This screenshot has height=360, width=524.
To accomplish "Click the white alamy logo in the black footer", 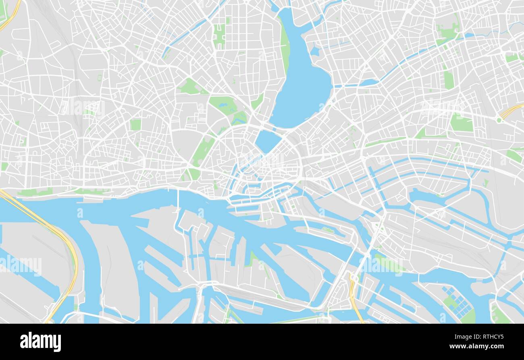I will pyautogui.click(x=40, y=342).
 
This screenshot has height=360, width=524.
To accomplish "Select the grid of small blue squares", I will pyautogui.click(x=457, y=301).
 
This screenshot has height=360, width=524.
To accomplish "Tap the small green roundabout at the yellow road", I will pyautogui.click(x=500, y=120).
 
